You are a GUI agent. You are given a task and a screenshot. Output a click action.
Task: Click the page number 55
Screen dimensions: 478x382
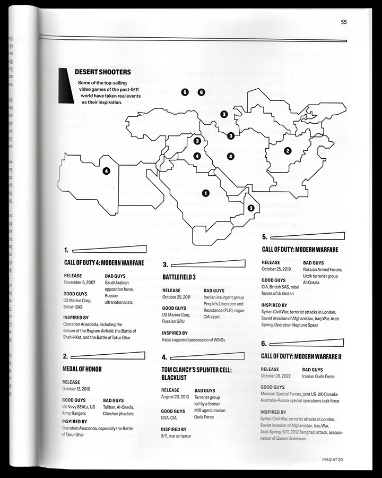tap(344, 22)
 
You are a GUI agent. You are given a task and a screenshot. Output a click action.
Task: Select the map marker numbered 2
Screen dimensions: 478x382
tap(288, 151)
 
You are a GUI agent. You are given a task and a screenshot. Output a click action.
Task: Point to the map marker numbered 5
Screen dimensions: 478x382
tap(185, 92)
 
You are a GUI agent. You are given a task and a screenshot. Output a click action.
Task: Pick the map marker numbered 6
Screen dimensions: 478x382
tap(201, 92)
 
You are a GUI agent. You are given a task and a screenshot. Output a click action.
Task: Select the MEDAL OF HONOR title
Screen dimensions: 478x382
tap(82, 369)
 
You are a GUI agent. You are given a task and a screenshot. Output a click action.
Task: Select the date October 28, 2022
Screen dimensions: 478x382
tap(279, 376)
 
